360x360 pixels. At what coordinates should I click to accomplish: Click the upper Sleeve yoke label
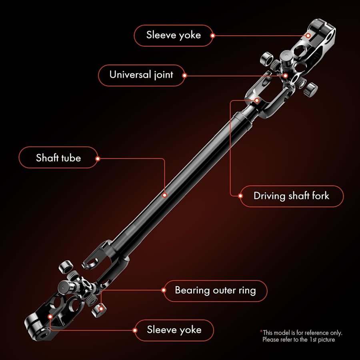[x=174, y=35]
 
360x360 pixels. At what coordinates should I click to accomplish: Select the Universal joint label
[x=142, y=75]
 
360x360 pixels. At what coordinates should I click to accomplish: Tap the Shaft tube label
[x=58, y=158]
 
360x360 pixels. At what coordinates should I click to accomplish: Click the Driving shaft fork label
[x=291, y=196]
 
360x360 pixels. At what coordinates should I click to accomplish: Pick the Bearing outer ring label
[x=215, y=290]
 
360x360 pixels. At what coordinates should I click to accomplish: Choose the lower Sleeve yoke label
[x=174, y=330]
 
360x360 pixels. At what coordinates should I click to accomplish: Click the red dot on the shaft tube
[x=164, y=195]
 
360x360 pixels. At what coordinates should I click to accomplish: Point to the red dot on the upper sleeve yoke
[x=308, y=36]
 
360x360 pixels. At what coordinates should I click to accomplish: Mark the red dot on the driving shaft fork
[x=257, y=100]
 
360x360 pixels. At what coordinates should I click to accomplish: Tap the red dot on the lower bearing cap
[x=101, y=309]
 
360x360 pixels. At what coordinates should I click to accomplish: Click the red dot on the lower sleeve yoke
[x=50, y=317]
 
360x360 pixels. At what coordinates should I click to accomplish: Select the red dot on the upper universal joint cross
[x=285, y=76]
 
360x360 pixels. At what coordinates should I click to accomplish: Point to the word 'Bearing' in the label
[x=192, y=290]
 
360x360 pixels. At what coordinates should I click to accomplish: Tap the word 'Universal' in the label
[x=130, y=75]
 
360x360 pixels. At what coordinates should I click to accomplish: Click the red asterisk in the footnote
[x=261, y=331]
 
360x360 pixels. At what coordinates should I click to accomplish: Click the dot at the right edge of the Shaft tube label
[x=98, y=159]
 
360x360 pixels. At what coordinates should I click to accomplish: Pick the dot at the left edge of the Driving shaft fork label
[x=240, y=196]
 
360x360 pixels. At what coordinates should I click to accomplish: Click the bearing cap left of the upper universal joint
[x=266, y=58]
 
